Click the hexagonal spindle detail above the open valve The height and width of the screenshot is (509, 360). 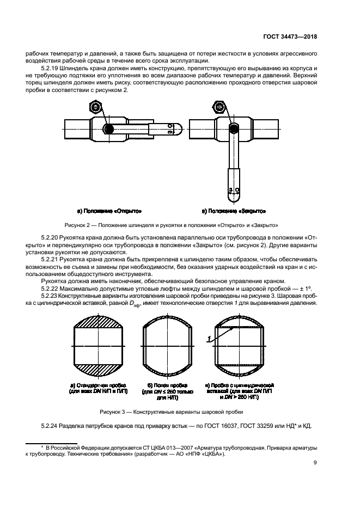[94, 107]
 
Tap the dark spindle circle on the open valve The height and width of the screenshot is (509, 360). [109, 129]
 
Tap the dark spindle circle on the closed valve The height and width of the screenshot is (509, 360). [234, 129]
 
